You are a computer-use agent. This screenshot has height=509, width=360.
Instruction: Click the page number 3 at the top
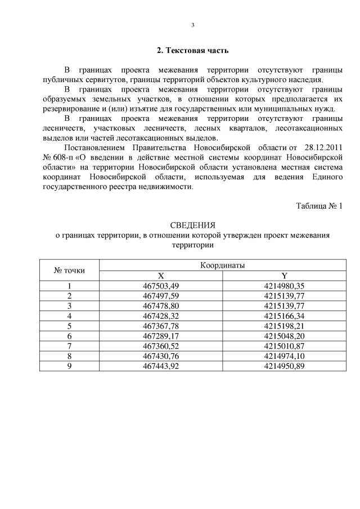193,25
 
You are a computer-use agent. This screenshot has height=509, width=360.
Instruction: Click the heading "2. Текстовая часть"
192,51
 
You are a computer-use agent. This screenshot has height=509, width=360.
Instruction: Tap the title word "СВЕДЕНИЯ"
192,226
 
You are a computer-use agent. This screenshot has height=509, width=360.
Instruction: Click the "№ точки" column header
69,271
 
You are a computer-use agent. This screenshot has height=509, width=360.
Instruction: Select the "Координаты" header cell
222,265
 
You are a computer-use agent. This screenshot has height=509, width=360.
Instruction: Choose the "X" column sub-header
161,276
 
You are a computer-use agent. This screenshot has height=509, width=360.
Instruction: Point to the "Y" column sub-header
284,276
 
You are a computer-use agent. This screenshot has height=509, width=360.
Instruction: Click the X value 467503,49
161,286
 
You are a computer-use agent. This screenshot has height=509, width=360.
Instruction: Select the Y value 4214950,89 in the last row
284,366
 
